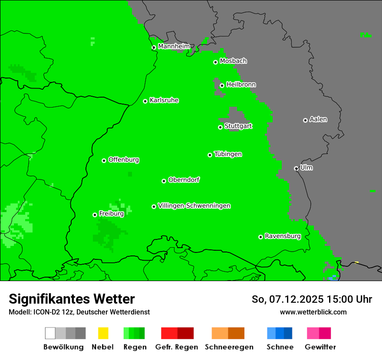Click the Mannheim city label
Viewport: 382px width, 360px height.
(174, 46)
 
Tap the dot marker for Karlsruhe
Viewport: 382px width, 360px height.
(145, 101)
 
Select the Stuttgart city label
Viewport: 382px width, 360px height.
(238, 126)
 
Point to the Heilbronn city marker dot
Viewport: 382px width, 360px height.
(222, 85)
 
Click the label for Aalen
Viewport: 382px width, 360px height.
(318, 119)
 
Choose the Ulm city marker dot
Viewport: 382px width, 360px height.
(296, 168)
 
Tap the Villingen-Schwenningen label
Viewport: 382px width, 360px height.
(194, 206)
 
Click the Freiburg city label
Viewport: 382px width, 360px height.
(111, 214)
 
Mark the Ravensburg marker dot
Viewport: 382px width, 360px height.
(260, 237)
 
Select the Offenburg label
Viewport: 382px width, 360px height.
(123, 160)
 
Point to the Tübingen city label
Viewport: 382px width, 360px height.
(228, 154)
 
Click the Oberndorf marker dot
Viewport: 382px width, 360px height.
(164, 181)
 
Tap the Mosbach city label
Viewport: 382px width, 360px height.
(233, 61)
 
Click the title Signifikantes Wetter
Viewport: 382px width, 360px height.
(72, 299)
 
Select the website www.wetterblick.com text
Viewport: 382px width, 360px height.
(313, 312)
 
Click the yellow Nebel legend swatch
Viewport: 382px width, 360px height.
(103, 333)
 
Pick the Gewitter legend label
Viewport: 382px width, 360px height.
(320, 347)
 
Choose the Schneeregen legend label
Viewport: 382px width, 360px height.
(229, 347)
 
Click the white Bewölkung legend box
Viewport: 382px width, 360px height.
(50, 333)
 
